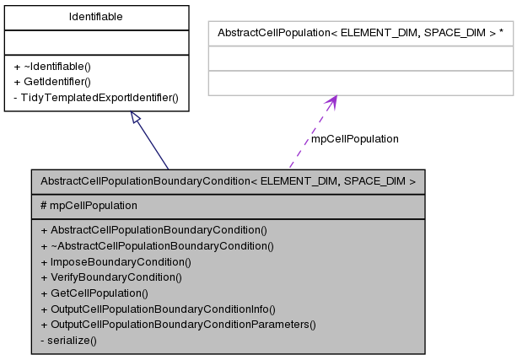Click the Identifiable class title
pyautogui.click(x=95, y=17)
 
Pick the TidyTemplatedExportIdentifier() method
pyautogui.click(x=95, y=97)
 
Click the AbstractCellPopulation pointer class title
pyautogui.click(x=361, y=33)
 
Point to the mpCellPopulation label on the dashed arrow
pyautogui.click(x=354, y=138)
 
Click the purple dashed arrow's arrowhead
pyautogui.click(x=331, y=102)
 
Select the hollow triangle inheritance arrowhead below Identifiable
pyautogui.click(x=136, y=119)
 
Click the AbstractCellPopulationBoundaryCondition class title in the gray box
pyautogui.click(x=228, y=180)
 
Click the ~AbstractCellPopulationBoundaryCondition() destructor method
pyautogui.click(x=157, y=245)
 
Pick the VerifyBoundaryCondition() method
pyautogui.click(x=110, y=277)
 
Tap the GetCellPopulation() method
pyautogui.click(x=94, y=293)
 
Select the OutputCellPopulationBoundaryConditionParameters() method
pyautogui.click(x=177, y=324)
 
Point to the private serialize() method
pyautogui.click(x=68, y=340)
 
